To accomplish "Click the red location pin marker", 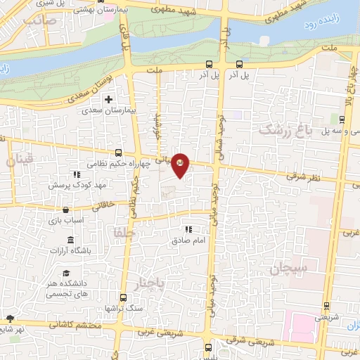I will click(x=181, y=165).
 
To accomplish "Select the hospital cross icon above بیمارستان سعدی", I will click(x=108, y=99).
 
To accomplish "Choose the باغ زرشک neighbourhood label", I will click(x=283, y=129).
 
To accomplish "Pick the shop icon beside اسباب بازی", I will click(x=65, y=209).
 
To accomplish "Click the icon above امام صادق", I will click(x=188, y=229).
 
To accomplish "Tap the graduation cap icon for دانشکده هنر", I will click(x=66, y=274).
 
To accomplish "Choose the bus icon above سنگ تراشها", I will click(x=123, y=297).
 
